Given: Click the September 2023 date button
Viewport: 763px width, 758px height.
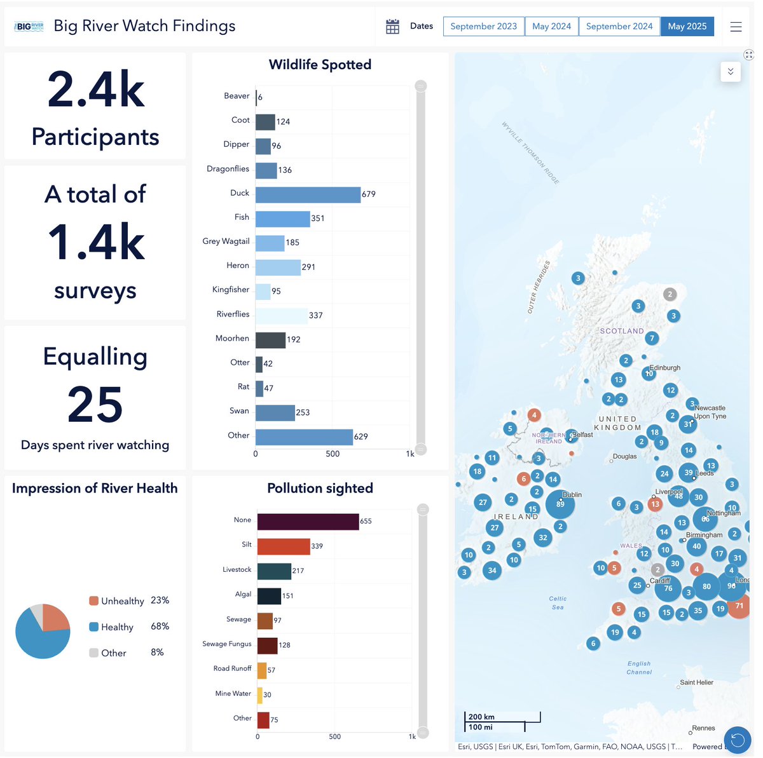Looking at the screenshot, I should [x=483, y=26].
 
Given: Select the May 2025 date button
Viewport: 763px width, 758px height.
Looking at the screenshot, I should [x=687, y=26].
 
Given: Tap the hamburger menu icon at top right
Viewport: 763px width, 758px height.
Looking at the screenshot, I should [x=736, y=27].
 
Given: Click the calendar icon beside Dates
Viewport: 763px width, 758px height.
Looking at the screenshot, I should [x=392, y=27].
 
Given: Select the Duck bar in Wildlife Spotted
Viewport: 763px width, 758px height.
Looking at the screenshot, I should [x=308, y=194].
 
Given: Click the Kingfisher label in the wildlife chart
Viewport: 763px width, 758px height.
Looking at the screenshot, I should [x=231, y=290].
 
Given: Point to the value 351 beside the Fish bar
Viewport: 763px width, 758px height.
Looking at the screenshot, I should [x=318, y=219].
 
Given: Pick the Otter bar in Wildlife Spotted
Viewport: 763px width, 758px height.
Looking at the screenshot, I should [x=259, y=364].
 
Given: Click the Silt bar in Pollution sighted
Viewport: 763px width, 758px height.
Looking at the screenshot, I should [x=284, y=546].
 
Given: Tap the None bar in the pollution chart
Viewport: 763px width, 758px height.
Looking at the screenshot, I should [x=308, y=522].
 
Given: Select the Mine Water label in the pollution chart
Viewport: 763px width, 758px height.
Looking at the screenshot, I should [x=233, y=694].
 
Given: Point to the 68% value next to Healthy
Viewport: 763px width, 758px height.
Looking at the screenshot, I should [x=160, y=626].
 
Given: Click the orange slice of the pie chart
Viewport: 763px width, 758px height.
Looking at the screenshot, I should [x=55, y=618].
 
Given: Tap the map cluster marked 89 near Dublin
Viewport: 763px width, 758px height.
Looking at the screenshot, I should [x=560, y=504].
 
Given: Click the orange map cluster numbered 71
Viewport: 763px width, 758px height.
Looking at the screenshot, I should [x=739, y=606].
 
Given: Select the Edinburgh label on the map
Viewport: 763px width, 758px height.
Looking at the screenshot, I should [x=664, y=368].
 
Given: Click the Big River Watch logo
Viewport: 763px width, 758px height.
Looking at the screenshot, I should [x=29, y=27].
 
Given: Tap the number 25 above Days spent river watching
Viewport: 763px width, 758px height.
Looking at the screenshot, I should [x=95, y=405].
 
